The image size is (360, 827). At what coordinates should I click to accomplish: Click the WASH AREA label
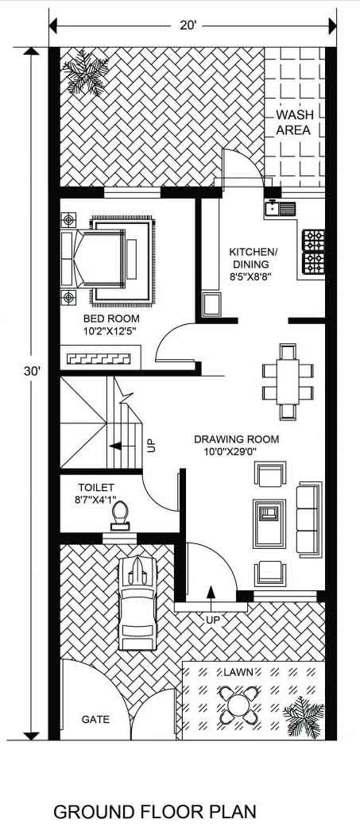295,122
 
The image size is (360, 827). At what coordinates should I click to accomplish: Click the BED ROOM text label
111,319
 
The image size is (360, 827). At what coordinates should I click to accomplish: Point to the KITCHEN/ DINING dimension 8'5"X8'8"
250,276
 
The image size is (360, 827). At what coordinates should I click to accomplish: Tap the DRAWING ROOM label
237,439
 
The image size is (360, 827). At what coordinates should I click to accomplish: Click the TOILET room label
95,487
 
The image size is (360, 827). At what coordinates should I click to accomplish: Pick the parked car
137,603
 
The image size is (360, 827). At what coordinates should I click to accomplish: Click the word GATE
95,719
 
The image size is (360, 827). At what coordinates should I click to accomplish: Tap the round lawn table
239,704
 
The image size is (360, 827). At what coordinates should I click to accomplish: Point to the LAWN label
238,672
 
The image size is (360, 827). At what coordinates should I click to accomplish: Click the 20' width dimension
188,25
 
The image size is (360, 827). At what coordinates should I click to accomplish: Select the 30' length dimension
31,371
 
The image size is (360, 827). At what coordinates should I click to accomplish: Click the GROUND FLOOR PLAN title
155,811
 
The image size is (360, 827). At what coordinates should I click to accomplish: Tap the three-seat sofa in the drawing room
309,519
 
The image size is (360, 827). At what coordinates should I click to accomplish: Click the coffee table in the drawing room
269,524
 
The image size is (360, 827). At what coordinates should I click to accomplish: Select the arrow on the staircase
119,446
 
